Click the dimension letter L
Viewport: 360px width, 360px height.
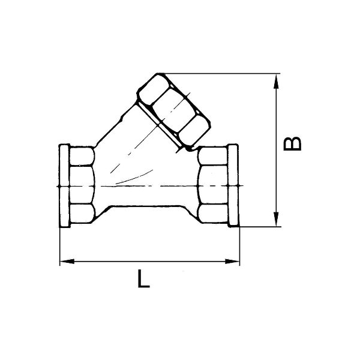coord(143,279)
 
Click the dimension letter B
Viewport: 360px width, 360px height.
coord(292,144)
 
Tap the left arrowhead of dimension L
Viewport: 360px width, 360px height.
coord(67,261)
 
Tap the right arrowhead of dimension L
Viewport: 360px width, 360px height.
coord(232,261)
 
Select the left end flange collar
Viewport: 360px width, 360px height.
coord(64,186)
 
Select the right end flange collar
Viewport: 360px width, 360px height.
coord(233,185)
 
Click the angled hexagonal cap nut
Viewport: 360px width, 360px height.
coord(173,112)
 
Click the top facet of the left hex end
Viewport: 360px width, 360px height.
coord(82,156)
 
